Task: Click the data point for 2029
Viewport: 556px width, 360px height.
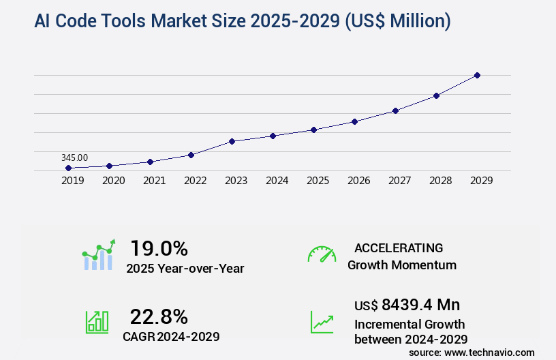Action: tap(477, 75)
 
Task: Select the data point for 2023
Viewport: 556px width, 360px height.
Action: tap(232, 141)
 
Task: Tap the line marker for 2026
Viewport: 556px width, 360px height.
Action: tap(354, 121)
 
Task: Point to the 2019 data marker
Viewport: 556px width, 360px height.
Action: tap(68, 168)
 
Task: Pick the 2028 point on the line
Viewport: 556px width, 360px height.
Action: tap(436, 95)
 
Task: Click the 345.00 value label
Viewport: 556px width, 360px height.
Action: tap(74, 157)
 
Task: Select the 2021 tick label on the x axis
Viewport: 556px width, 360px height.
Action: tap(154, 181)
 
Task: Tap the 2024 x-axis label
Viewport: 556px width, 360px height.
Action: tap(277, 181)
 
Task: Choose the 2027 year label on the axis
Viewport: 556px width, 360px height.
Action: tap(399, 181)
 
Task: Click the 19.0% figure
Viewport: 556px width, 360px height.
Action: tap(159, 248)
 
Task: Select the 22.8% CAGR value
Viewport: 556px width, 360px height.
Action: tap(159, 316)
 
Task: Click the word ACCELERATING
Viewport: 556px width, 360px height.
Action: tap(399, 248)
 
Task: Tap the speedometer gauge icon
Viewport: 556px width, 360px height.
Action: tap(322, 254)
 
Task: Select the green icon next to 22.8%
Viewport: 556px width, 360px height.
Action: tap(97, 321)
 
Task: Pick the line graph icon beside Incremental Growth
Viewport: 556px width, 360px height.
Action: tap(322, 322)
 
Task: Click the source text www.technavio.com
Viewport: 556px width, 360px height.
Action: tap(490, 352)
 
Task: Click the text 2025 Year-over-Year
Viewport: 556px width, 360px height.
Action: tap(185, 269)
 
